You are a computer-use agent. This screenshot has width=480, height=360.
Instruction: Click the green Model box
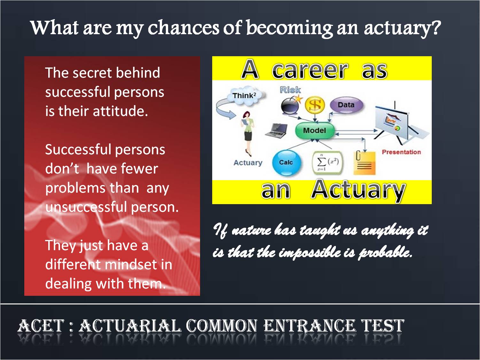315,131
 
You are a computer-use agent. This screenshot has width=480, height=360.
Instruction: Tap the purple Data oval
346,105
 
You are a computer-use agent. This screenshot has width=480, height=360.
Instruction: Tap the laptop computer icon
276,131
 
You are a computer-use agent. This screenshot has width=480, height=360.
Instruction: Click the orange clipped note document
364,163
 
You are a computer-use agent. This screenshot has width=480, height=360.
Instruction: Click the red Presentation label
401,152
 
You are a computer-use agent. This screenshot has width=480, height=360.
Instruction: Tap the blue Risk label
290,90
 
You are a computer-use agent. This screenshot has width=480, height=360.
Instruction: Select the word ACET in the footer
41,326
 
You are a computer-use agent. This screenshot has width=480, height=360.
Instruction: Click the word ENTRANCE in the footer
309,326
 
